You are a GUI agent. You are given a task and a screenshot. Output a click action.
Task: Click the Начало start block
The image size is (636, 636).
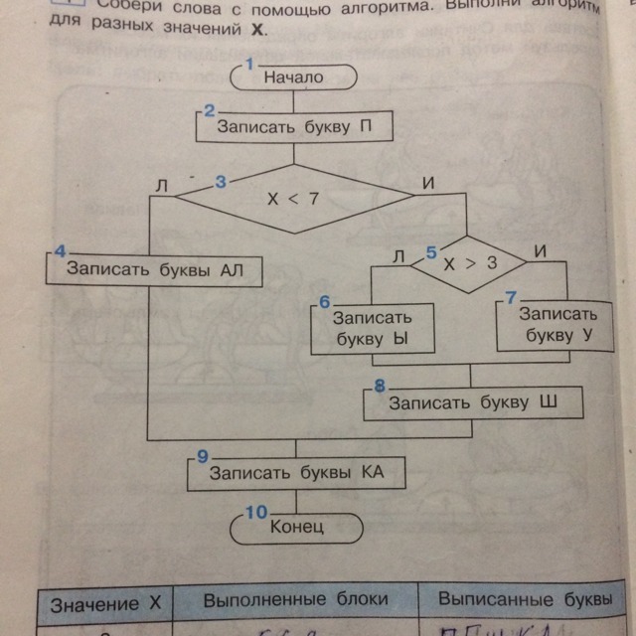tap(293, 77)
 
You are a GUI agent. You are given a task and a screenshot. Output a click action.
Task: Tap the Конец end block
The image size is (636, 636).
tap(297, 527)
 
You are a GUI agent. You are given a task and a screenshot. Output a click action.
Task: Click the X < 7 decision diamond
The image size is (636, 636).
tap(293, 199)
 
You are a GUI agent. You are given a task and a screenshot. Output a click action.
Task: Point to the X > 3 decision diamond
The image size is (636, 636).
tap(468, 264)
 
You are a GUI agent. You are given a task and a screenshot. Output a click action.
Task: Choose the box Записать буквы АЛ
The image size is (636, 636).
tap(154, 269)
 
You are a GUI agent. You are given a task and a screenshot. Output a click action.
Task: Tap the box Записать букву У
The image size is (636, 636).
tap(558, 324)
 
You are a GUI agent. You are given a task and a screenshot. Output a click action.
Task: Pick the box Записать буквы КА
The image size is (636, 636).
tap(295, 474)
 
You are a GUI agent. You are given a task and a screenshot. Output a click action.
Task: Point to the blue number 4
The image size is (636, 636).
tap(60, 248)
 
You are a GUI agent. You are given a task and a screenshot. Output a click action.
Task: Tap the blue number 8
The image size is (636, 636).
tap(379, 385)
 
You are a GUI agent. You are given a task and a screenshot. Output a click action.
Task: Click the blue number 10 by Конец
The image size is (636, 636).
tap(256, 512)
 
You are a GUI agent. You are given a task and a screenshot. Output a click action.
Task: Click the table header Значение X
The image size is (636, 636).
tap(105, 603)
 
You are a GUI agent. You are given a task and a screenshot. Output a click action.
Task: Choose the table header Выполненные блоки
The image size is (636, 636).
tap(295, 599)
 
